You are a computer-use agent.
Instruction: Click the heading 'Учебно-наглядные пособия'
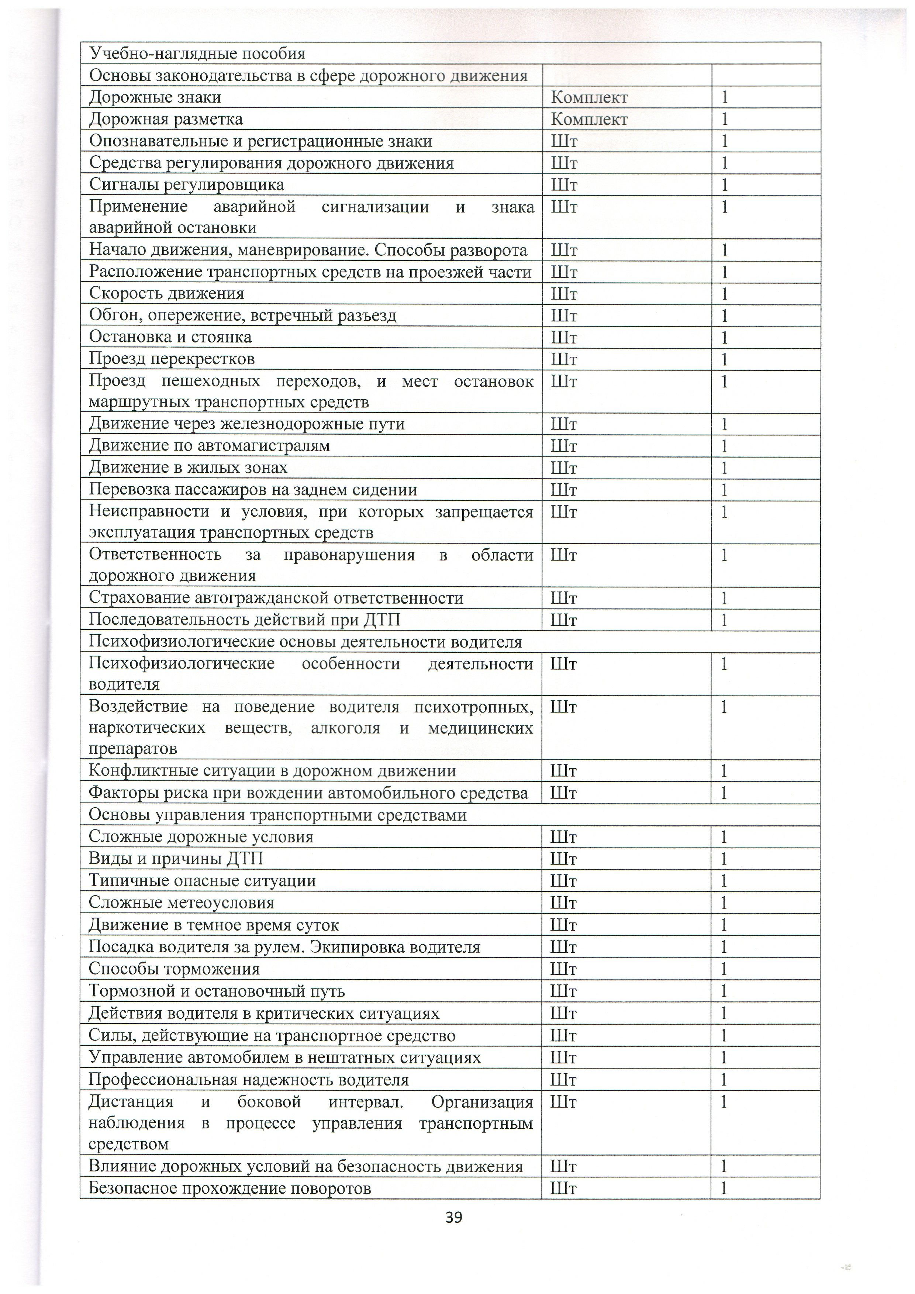[197, 54]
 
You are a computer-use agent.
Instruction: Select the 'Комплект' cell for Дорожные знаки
[589, 97]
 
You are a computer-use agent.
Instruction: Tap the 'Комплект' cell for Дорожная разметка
[589, 120]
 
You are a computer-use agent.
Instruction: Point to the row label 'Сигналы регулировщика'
[186, 185]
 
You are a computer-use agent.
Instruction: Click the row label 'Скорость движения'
[167, 294]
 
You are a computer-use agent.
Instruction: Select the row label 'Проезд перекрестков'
[172, 359]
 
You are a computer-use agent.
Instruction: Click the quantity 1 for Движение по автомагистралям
[725, 446]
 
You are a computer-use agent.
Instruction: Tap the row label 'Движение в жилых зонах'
[188, 468]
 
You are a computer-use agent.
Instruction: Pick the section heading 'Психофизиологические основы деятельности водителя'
[305, 642]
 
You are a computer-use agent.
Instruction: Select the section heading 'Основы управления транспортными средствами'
[278, 815]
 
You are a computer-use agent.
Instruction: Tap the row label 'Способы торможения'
[174, 969]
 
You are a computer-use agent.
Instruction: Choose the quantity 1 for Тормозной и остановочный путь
[725, 991]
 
